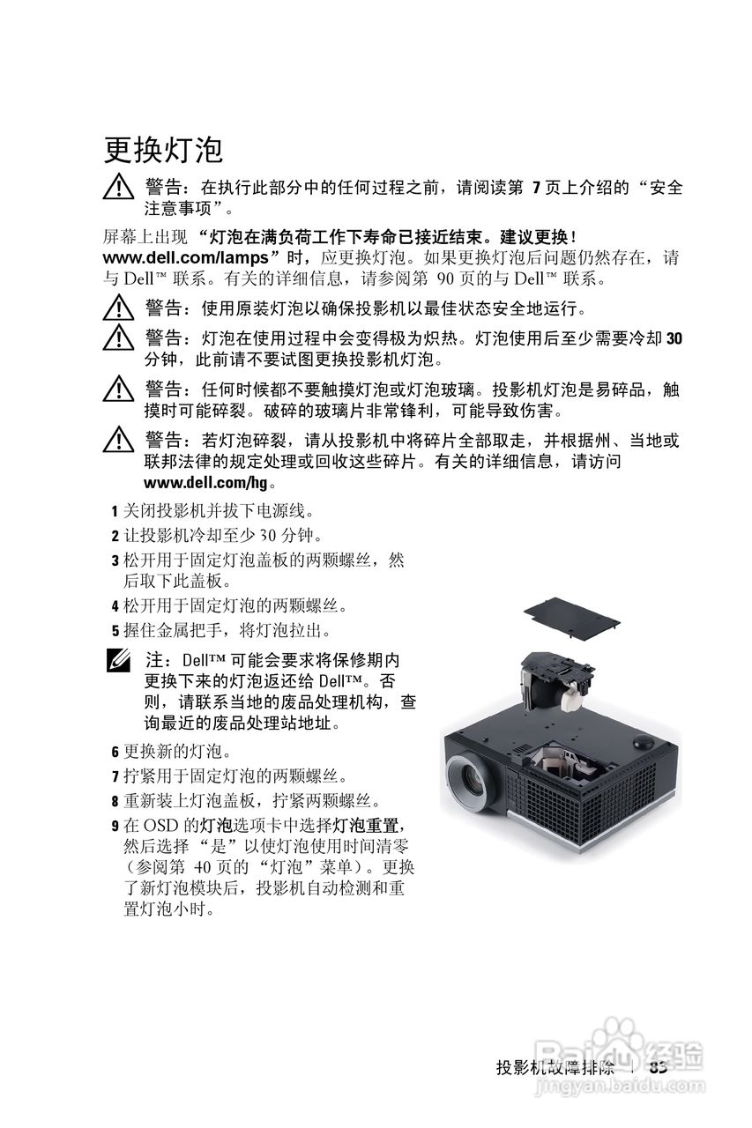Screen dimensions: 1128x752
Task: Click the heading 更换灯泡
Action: (x=163, y=150)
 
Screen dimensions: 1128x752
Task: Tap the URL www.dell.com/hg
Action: (x=205, y=482)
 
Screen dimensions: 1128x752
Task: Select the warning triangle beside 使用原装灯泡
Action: (x=116, y=309)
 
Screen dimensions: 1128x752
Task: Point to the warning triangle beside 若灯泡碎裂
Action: (x=116, y=441)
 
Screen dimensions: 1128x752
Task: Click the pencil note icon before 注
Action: (x=117, y=660)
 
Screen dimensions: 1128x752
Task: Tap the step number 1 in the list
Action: (x=115, y=511)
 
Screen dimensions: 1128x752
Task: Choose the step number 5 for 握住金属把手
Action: (x=115, y=631)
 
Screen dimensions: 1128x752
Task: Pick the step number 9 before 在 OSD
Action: (x=115, y=826)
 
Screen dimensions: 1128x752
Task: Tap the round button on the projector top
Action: (x=644, y=742)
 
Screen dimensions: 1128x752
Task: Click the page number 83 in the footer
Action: (x=657, y=1066)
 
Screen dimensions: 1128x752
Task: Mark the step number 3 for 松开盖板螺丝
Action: (x=115, y=560)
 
